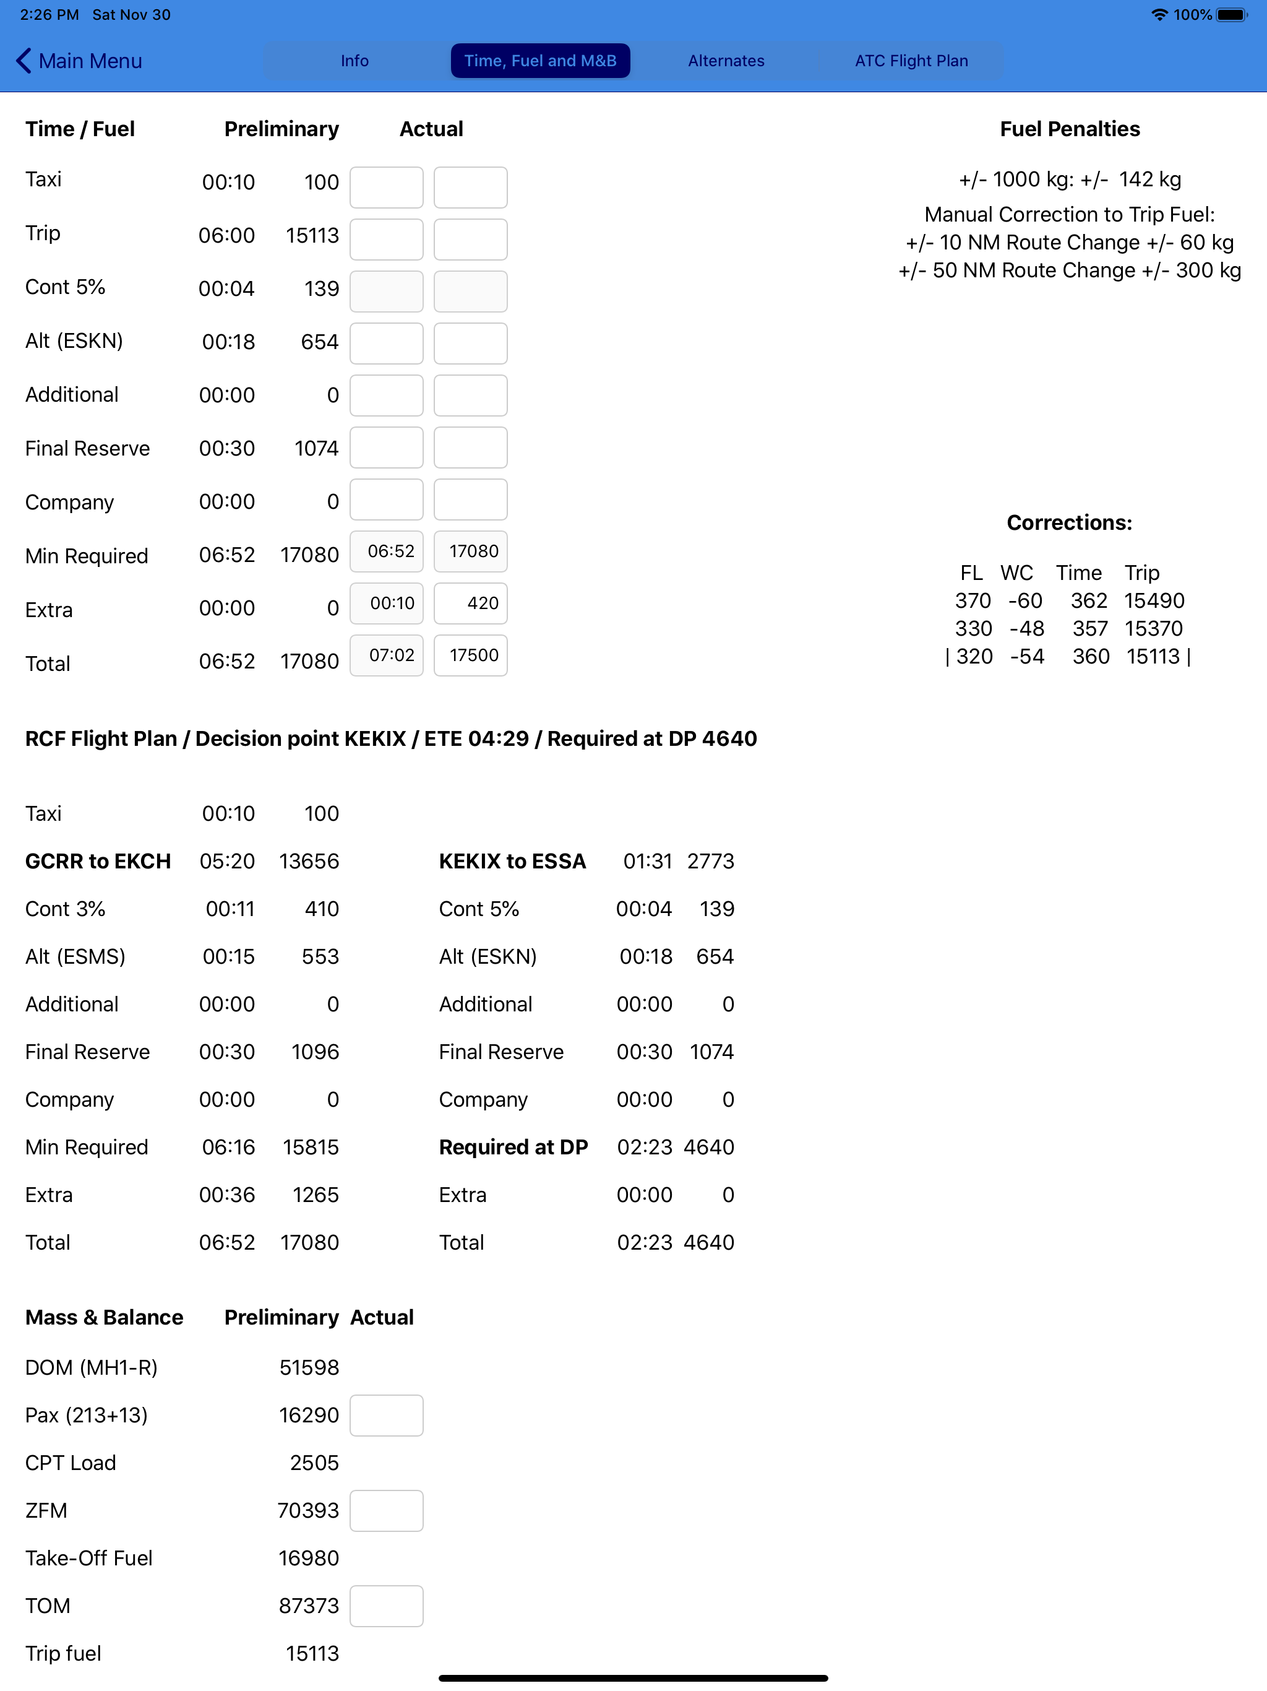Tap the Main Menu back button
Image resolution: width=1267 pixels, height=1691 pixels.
pos(79,61)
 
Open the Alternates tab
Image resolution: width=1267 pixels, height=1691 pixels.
pos(725,61)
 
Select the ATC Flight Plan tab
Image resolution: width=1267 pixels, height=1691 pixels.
pos(911,61)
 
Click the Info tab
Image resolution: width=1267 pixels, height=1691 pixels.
pos(354,61)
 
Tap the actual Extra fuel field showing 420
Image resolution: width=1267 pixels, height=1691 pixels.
pos(470,603)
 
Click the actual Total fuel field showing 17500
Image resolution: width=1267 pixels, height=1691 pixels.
pos(470,655)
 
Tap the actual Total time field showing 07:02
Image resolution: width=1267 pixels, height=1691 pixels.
pos(387,655)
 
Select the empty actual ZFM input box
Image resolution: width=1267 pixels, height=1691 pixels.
pos(387,1511)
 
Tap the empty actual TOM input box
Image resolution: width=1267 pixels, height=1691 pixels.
pos(387,1606)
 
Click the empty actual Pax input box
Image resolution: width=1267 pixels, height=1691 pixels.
pos(387,1415)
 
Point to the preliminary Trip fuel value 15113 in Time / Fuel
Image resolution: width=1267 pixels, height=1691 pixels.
pos(312,235)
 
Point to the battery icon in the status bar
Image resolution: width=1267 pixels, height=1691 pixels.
pos(1230,14)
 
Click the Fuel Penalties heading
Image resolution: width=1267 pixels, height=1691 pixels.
pos(1069,129)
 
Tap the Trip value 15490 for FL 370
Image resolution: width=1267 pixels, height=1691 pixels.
pos(1154,601)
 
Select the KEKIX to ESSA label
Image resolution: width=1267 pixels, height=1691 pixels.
pos(512,861)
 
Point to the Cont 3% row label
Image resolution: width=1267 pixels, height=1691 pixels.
pos(65,909)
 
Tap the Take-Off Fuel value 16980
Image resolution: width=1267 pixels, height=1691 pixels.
pos(309,1558)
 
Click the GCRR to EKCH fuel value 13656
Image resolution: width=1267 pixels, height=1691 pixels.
pos(309,861)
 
